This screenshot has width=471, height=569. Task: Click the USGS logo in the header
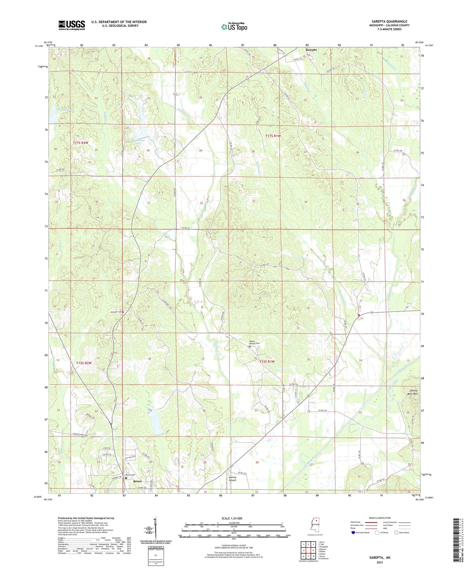pos(72,25)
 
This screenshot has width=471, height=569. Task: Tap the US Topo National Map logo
pos(234,26)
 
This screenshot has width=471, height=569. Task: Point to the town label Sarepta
pos(311,50)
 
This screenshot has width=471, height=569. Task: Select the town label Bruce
pos(138,481)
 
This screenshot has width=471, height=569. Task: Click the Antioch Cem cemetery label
pos(117,312)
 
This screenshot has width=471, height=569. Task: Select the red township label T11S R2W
pos(81,143)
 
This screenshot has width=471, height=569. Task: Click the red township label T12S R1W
pos(267,362)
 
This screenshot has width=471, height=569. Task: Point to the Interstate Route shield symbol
pos(353,533)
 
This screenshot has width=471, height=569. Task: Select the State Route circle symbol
pos(396,533)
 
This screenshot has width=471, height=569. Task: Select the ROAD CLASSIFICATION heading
pos(380,518)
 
